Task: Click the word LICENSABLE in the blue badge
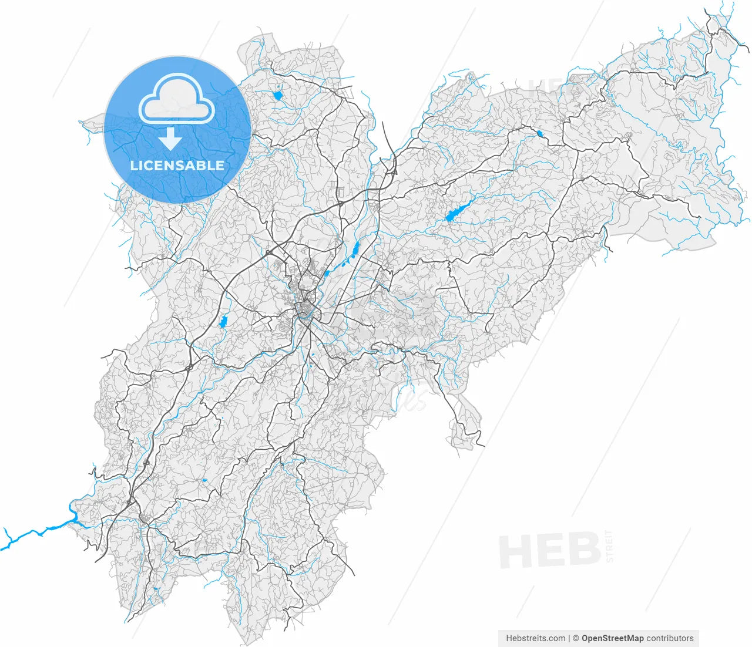[x=177, y=166]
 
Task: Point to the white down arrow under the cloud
[x=170, y=140]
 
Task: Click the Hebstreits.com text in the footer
[x=535, y=638]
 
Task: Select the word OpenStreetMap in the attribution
[x=612, y=638]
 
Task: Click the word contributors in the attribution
[x=670, y=638]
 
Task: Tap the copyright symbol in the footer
[x=576, y=638]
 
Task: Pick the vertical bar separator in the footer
[x=569, y=638]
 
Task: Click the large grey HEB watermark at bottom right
[x=549, y=551]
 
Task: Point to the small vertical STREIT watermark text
[x=609, y=546]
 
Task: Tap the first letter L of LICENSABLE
[x=133, y=166]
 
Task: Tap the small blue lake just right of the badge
[x=278, y=95]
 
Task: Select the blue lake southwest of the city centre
[x=223, y=321]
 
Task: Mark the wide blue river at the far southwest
[x=35, y=533]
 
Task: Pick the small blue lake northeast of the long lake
[x=539, y=134]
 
